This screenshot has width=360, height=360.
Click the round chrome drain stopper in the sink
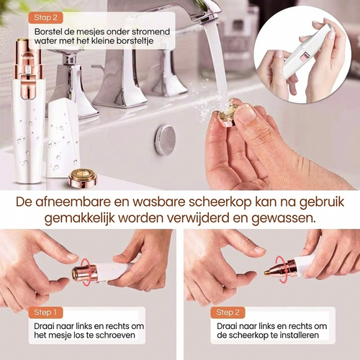(x=165, y=139)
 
